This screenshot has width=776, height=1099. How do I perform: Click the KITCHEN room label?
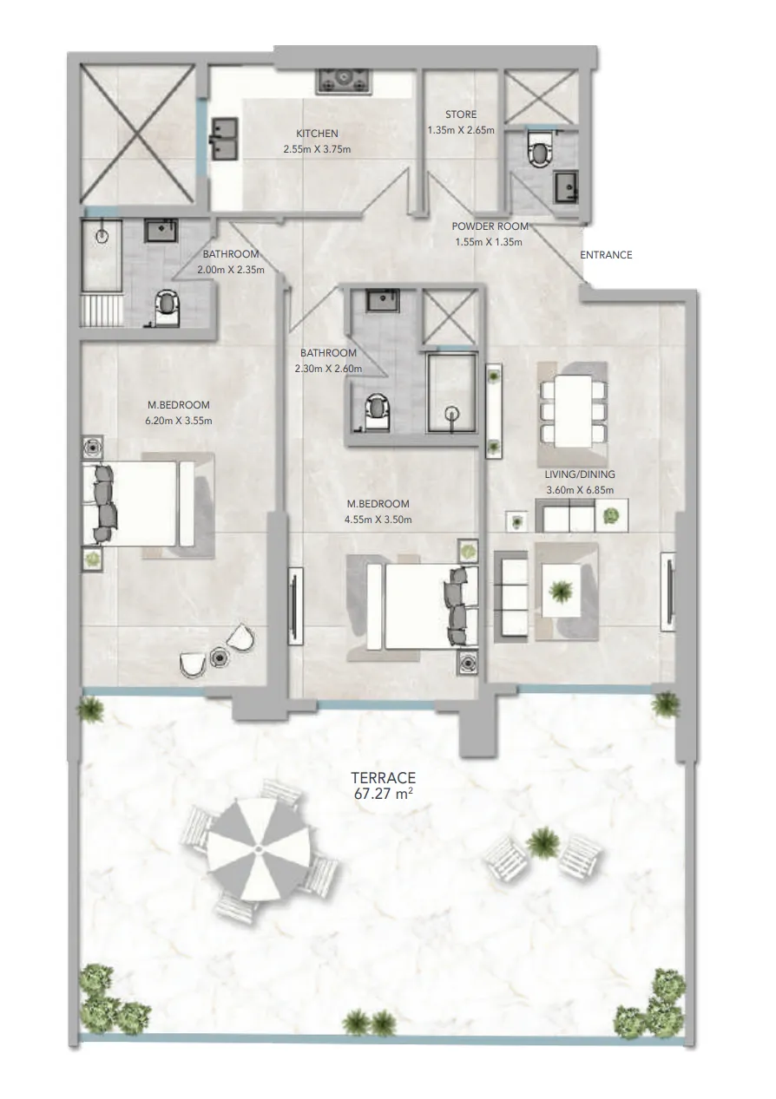tap(317, 134)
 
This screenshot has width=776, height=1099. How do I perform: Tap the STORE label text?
tap(460, 114)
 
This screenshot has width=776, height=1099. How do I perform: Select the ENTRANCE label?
tap(606, 255)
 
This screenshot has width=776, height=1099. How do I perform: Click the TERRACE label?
tap(384, 778)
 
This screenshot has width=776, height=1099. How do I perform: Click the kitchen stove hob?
tap(345, 81)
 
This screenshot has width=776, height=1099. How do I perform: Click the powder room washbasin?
tap(567, 186)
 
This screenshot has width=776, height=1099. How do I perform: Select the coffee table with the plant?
tap(561, 590)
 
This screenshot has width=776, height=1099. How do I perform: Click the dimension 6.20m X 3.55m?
tap(179, 421)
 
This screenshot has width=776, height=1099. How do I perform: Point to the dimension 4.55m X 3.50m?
tap(378, 519)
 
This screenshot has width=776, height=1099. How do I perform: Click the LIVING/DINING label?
tap(580, 474)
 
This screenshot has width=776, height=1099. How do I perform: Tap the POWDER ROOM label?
tap(490, 226)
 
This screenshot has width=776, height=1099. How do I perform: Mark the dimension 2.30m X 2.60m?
tap(328, 368)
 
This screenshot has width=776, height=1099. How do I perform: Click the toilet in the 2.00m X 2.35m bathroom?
tap(167, 307)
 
